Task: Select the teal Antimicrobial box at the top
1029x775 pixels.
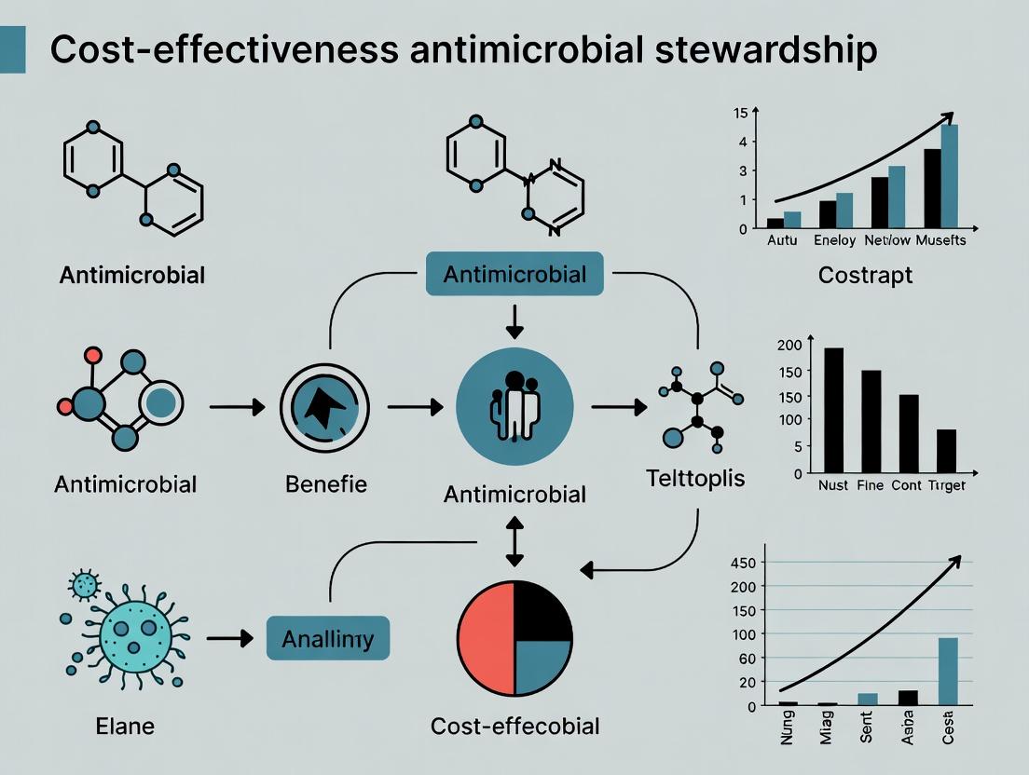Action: [514, 274]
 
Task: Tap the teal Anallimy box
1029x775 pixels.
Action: [327, 639]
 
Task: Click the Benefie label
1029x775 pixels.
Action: [326, 484]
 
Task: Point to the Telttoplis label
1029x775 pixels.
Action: [695, 479]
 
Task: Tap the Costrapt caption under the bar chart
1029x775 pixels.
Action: [864, 276]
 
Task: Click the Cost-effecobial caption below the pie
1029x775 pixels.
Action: [514, 726]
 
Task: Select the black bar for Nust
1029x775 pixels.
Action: [833, 410]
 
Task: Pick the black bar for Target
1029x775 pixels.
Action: [946, 451]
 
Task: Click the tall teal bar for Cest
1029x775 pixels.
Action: [948, 671]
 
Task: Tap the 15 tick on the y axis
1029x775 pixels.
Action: [741, 114]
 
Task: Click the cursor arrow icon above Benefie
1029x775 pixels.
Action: [324, 408]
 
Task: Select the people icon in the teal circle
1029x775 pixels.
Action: [513, 406]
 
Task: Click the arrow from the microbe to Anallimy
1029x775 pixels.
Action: [229, 638]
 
